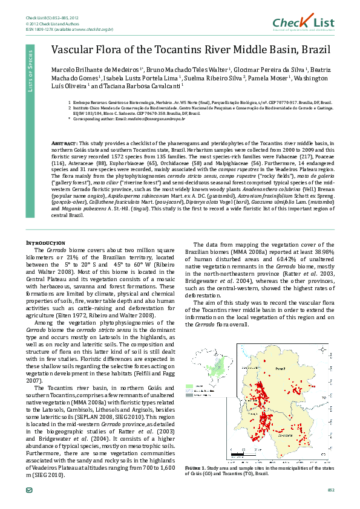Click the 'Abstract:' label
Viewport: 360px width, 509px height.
(x=64, y=142)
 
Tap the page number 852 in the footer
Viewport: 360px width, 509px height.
(x=330, y=488)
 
